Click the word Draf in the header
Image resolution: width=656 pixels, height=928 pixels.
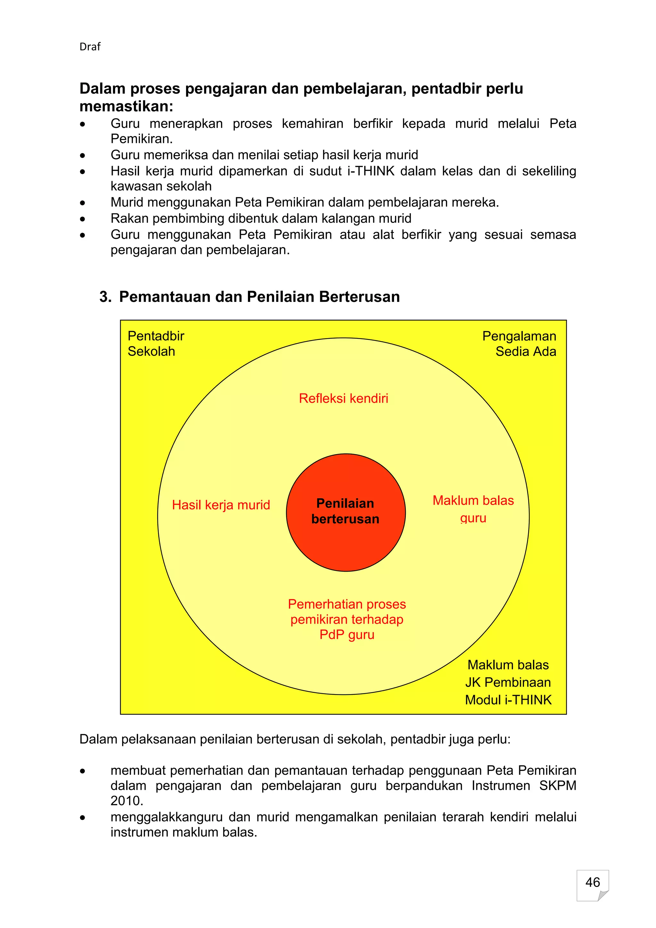[x=90, y=47]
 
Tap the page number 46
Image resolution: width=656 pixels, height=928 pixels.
[x=592, y=882]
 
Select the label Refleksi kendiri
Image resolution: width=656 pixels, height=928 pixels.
[x=343, y=399]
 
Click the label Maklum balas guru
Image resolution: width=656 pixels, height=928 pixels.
[x=473, y=509]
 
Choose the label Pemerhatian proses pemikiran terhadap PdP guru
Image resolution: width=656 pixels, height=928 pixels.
[x=347, y=619]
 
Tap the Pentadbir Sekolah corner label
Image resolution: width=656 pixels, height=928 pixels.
[x=156, y=344]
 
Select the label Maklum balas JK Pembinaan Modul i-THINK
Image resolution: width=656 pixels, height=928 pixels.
[x=508, y=682]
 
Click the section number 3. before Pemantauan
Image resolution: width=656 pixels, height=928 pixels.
[x=105, y=297]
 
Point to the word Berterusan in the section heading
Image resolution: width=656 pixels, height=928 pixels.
[x=359, y=297]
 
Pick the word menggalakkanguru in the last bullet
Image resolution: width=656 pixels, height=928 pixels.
[x=167, y=817]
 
